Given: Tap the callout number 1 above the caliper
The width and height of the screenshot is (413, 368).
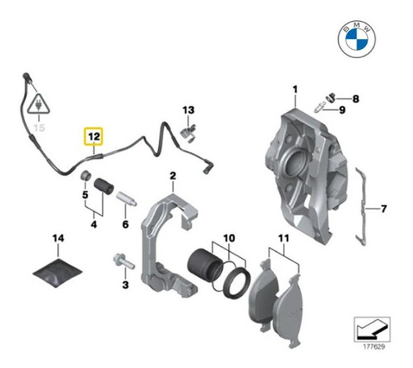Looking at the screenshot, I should pos(295,89).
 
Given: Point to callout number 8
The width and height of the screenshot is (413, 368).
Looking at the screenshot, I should pos(356,99).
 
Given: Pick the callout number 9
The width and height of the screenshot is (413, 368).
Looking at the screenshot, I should pos(342,111).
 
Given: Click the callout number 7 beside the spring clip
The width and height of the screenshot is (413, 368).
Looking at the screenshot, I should pos(384,208).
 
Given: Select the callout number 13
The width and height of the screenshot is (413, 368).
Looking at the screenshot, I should pos(188,111).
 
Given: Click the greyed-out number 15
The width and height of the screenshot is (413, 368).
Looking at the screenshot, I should pos(39,129).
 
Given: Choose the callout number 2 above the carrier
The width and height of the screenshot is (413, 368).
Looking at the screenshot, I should pos(172,175).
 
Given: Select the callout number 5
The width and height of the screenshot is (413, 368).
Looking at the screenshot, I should pos(86,195).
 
